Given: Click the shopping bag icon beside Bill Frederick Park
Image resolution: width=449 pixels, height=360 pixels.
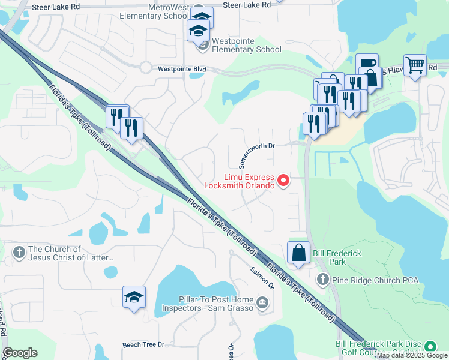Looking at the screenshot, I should coord(298,254).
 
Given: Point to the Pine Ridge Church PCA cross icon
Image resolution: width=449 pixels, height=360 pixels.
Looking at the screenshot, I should coord(323,280).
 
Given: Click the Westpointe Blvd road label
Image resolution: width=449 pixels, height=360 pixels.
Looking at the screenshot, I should coord(182,69).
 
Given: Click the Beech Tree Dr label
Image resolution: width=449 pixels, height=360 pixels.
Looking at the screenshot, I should coord(143,345).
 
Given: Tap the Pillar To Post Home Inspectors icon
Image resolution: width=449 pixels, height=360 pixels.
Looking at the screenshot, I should coord(262,304).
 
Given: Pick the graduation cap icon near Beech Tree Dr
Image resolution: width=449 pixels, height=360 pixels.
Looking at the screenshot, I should coord(134,297).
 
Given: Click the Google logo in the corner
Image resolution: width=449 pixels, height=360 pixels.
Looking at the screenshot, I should coord(20,353).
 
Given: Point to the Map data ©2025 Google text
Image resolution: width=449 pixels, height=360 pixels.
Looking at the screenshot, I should coord(412,356).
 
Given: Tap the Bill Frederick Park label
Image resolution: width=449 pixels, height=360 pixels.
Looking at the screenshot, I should coord(337,258).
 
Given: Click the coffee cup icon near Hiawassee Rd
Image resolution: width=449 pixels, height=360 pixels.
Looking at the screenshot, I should coord(367,64).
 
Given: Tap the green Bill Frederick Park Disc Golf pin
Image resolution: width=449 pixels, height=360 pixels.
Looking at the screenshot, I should coord(430,347).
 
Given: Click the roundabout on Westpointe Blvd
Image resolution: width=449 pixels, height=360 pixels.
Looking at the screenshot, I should coord(146,67).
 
